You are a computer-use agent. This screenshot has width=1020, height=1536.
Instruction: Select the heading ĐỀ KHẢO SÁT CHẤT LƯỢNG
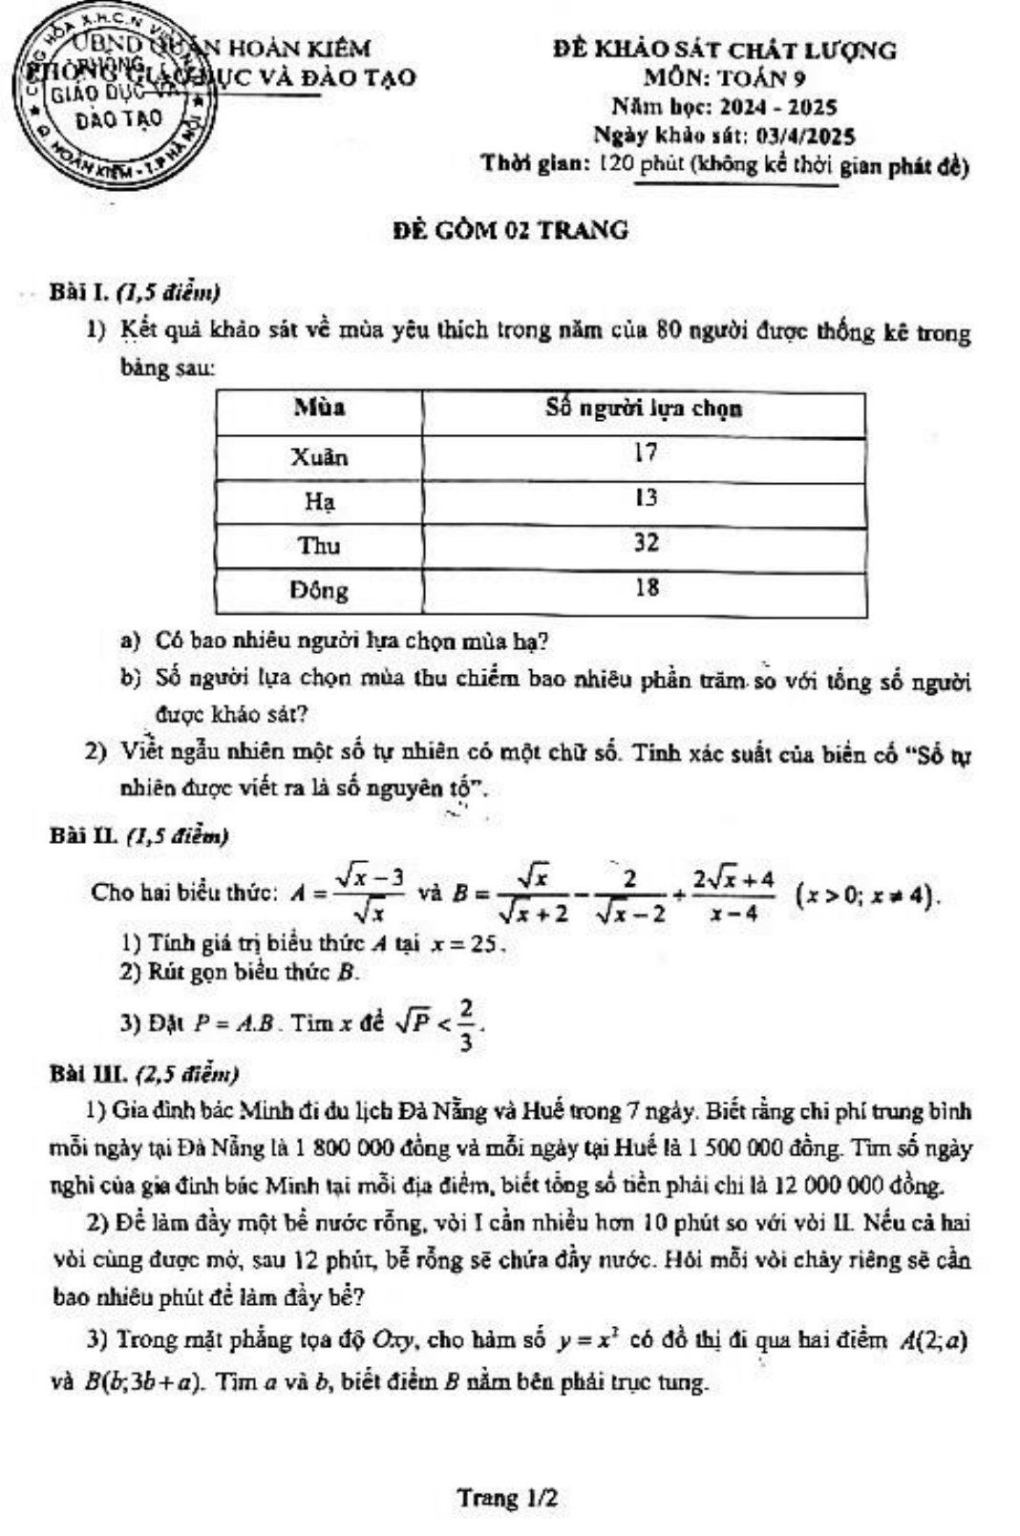(x=724, y=50)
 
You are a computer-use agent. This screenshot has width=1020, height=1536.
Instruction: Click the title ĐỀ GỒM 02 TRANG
(x=511, y=230)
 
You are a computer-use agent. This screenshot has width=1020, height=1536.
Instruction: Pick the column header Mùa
(x=319, y=409)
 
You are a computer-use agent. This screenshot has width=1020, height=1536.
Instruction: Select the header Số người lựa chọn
(x=644, y=409)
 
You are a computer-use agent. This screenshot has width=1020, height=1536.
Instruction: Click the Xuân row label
(x=319, y=456)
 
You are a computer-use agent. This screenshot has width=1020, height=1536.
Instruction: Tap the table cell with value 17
(x=646, y=452)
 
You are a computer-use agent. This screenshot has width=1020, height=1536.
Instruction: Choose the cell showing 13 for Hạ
(x=646, y=497)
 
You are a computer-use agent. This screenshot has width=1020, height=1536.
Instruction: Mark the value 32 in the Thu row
(x=646, y=542)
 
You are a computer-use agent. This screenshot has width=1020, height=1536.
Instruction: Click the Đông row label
(x=319, y=590)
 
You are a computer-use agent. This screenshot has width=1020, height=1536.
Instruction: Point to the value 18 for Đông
(x=647, y=587)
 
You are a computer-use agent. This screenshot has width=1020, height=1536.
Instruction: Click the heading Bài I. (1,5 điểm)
(x=135, y=291)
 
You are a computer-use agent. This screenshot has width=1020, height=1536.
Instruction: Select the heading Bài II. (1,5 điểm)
(x=138, y=836)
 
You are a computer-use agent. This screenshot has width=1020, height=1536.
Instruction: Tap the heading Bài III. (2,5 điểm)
(x=143, y=1074)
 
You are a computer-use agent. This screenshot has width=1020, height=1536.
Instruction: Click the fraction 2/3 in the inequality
(x=465, y=1024)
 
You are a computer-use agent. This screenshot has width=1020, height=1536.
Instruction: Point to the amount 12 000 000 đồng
(x=858, y=1186)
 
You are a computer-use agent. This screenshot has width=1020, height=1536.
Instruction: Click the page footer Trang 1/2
(x=507, y=1497)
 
